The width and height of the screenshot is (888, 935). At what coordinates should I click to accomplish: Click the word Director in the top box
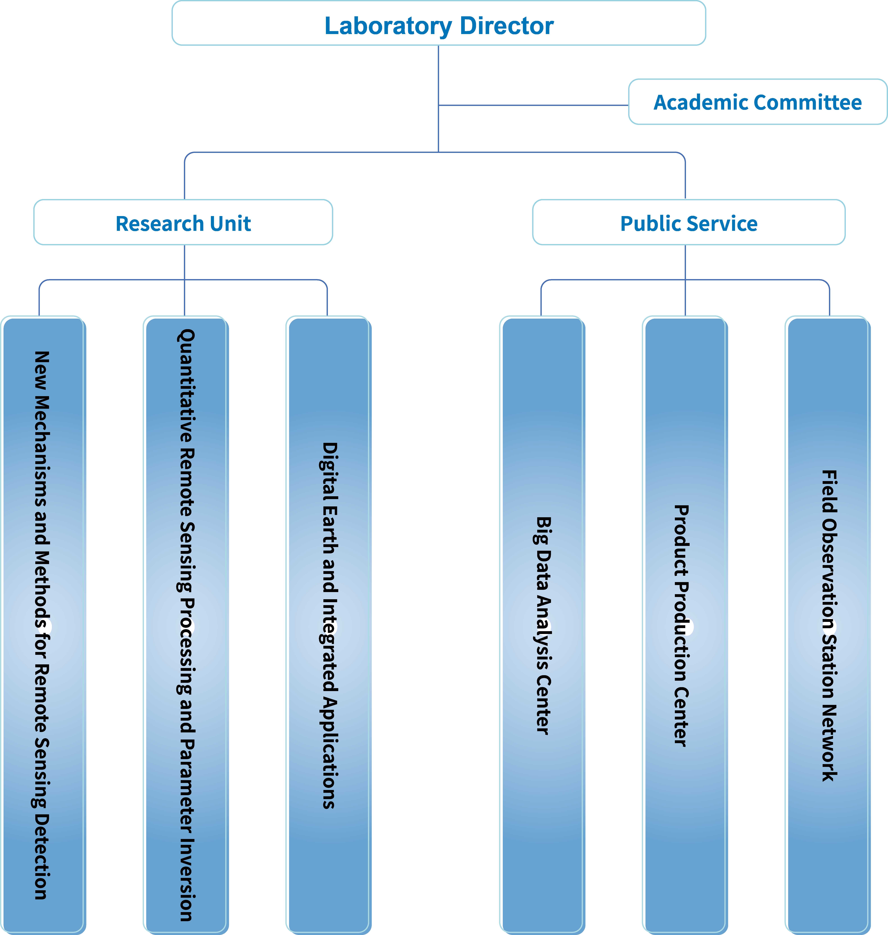[506, 26]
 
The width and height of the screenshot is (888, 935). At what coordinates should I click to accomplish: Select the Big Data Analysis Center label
[543, 625]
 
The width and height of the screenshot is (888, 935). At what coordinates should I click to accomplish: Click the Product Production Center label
[682, 625]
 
